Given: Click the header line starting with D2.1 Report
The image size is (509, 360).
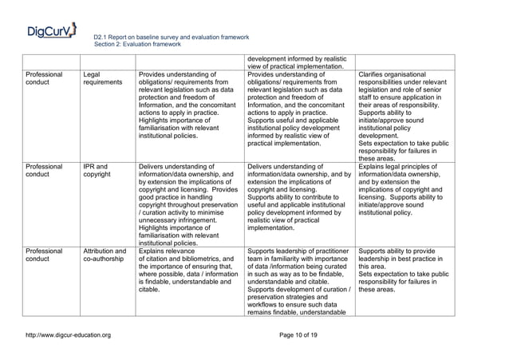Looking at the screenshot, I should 172,38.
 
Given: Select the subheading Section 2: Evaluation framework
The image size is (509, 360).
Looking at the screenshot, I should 141,45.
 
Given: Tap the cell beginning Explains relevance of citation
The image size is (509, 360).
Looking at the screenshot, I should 189,271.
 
